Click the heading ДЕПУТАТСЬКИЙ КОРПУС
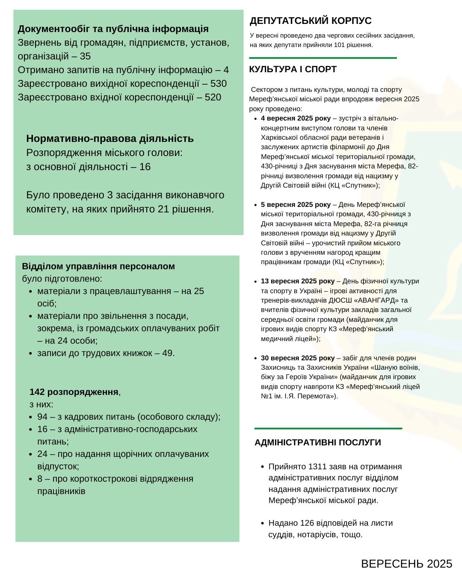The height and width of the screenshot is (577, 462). click(311, 21)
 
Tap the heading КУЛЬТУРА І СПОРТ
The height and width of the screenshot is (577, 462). click(293, 69)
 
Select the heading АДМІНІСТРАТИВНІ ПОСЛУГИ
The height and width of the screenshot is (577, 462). click(317, 442)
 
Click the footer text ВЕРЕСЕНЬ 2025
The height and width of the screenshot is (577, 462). click(406, 564)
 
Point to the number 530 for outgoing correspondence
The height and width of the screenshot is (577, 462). click(219, 83)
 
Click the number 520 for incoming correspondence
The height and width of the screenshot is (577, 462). click(213, 97)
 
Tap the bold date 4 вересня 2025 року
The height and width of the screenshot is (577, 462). click(296, 118)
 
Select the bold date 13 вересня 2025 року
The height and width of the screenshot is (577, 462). click(298, 281)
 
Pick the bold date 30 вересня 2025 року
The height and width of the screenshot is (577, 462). click(298, 358)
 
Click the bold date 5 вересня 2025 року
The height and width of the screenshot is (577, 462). click(296, 204)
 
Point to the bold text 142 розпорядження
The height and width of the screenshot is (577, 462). click(74, 392)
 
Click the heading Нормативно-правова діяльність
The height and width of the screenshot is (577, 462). click(110, 138)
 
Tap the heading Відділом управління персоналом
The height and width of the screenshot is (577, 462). click(98, 266)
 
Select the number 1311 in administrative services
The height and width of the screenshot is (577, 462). click(317, 466)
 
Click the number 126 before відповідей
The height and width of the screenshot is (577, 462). click(307, 523)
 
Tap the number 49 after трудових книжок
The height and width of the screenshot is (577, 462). click(167, 353)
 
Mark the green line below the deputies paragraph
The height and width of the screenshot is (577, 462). click(323, 58)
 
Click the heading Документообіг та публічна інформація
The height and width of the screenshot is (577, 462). click(113, 29)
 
